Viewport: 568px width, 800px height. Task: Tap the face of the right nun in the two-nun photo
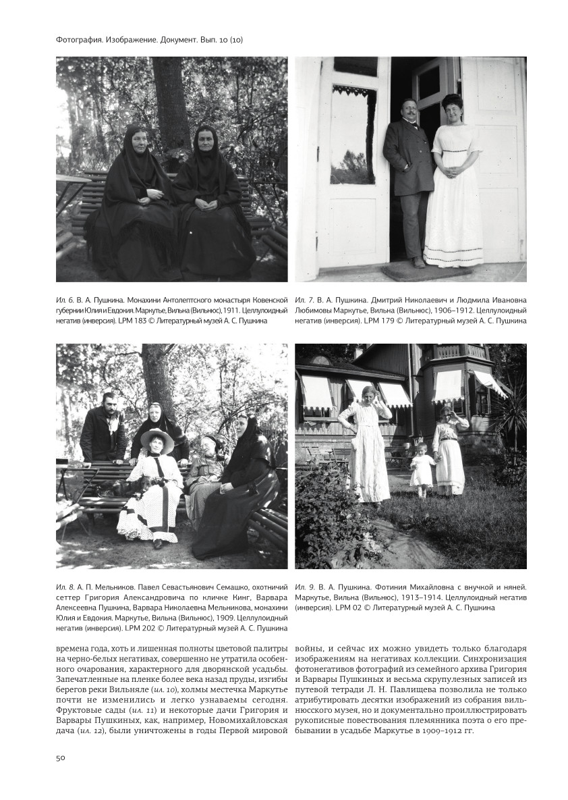pyautogui.click(x=204, y=144)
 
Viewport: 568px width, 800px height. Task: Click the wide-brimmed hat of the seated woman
pyautogui.click(x=157, y=437)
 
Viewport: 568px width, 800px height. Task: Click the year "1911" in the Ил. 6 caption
pyautogui.click(x=232, y=310)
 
